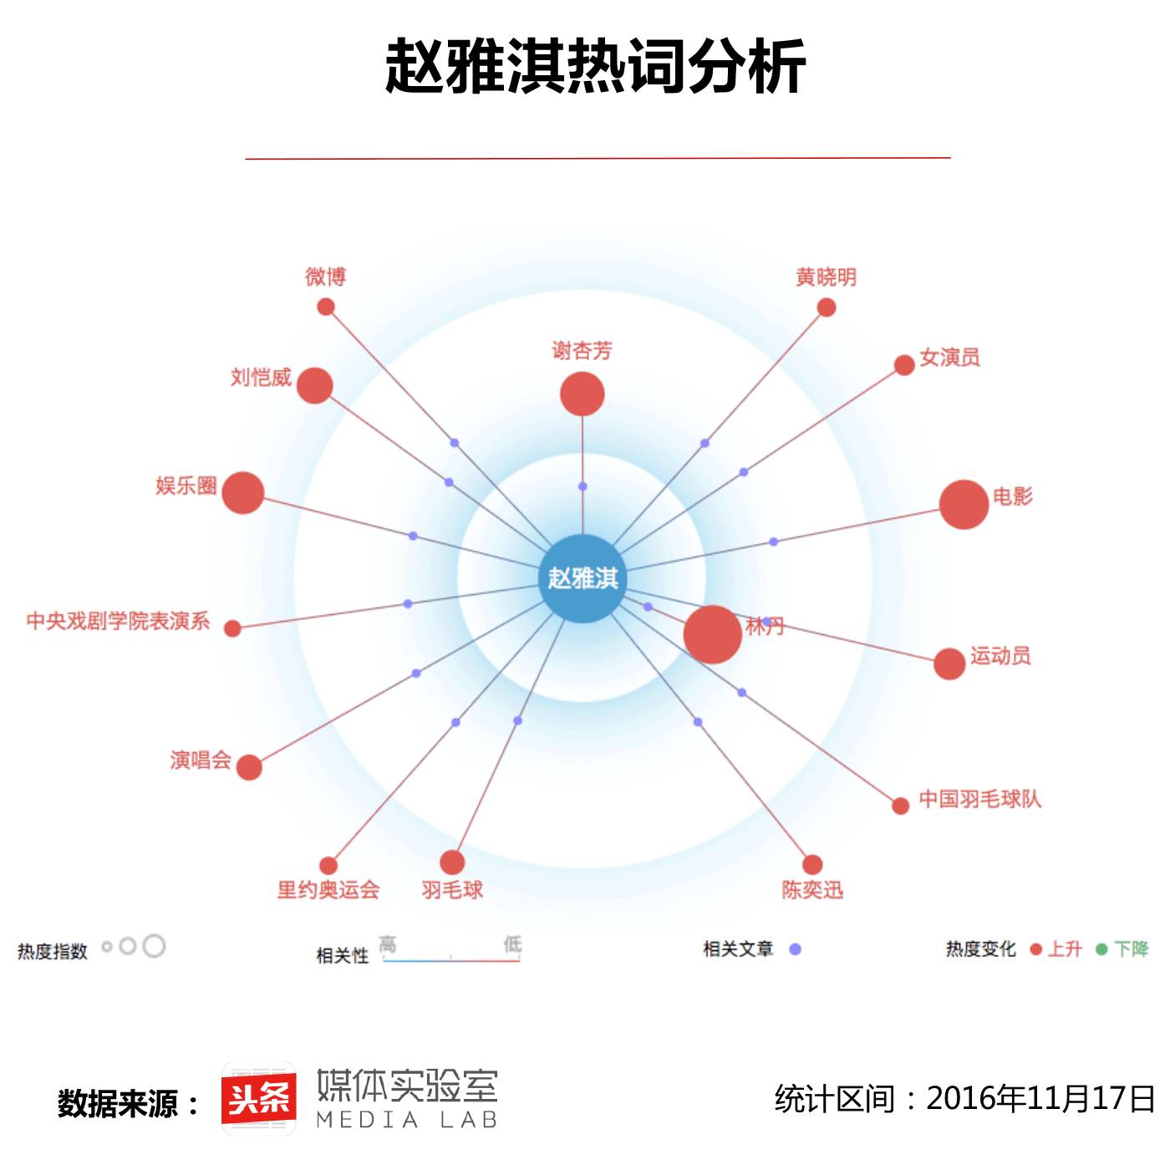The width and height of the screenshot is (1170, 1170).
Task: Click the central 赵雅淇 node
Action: (582, 578)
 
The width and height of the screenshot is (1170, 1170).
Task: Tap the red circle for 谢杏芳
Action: (582, 394)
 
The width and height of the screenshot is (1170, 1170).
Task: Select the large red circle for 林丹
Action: (712, 634)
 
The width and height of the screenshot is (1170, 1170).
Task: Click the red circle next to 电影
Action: (964, 505)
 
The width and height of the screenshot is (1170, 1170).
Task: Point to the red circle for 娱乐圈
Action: (243, 492)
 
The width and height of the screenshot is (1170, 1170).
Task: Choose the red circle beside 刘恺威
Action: (314, 385)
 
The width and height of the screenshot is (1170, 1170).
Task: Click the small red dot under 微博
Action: (326, 307)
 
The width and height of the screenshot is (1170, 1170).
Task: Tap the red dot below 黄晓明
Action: (827, 308)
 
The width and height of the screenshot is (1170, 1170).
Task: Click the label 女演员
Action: (949, 358)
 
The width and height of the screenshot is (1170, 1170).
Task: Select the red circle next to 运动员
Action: (949, 664)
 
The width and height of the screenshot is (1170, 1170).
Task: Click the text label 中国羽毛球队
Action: (979, 799)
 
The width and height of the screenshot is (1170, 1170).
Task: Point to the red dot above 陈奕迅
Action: (812, 864)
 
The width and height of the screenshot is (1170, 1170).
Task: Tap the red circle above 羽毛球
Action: (452, 862)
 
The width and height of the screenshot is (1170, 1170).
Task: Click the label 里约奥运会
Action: (328, 890)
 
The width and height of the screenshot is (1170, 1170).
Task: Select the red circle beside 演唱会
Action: (249, 766)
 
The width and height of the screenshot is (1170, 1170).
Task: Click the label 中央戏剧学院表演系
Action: (118, 621)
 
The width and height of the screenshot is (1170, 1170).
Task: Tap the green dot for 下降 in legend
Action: (1101, 949)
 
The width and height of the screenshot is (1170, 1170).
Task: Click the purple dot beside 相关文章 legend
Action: (796, 949)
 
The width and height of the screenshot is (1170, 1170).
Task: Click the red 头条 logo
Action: (259, 1099)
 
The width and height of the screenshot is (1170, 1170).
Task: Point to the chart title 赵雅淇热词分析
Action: (595, 67)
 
